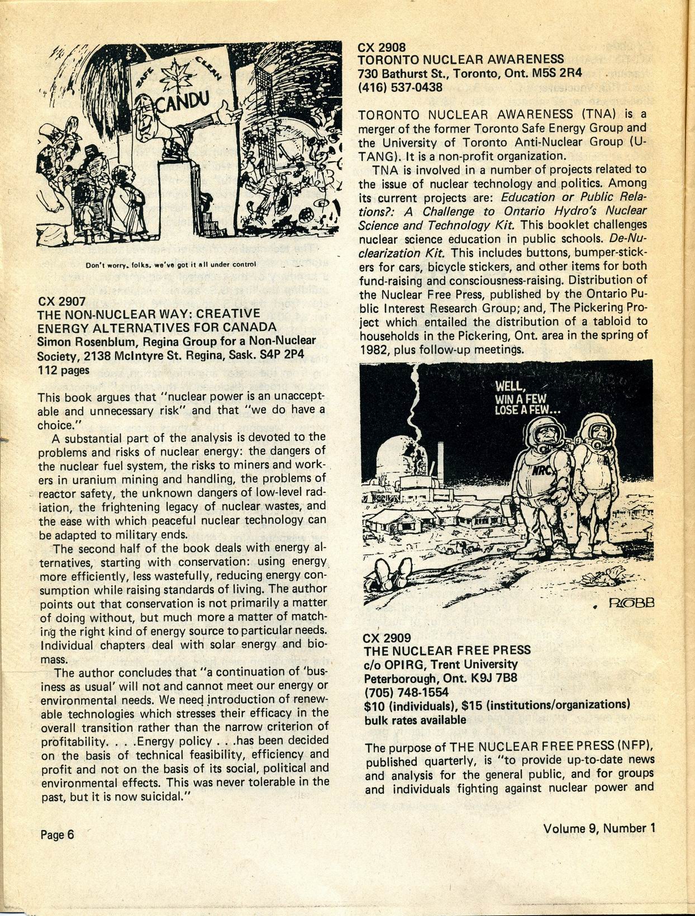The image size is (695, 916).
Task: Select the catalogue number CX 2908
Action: click(x=382, y=48)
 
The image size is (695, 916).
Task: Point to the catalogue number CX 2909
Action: click(x=387, y=638)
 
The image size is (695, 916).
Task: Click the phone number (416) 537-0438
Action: click(x=400, y=87)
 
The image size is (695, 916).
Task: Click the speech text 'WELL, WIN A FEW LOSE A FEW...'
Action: click(x=528, y=399)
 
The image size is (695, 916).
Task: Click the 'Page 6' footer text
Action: click(x=57, y=834)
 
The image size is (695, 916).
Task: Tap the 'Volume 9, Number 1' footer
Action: click(x=598, y=828)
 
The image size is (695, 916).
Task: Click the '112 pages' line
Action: click(x=64, y=369)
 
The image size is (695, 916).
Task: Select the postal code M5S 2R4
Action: click(x=553, y=73)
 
